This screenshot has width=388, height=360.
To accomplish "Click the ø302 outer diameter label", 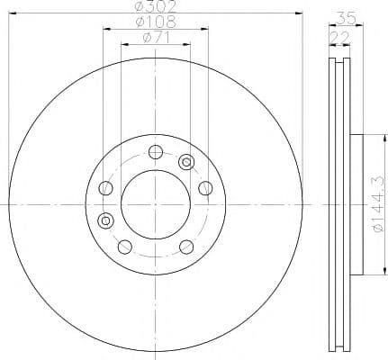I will tap(155, 7).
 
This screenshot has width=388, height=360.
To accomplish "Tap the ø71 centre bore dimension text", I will tap(155, 38).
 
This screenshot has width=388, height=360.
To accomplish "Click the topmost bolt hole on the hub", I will tap(155, 151).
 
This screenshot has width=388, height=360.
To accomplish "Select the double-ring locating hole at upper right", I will tap(186, 162).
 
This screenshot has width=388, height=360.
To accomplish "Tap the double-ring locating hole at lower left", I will tap(104, 220).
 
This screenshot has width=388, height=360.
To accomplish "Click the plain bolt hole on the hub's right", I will tap(204, 187).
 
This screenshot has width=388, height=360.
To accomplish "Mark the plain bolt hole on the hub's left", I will tap(105, 188).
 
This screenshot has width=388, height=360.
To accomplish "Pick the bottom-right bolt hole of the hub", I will tap(185, 247).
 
